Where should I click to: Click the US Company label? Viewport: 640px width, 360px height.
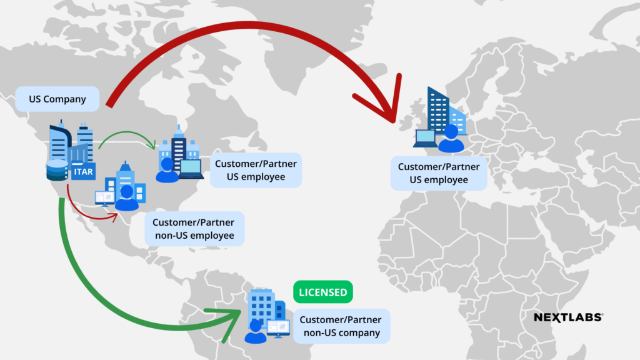[x=57, y=99]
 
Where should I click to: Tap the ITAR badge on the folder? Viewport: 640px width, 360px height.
[x=83, y=171]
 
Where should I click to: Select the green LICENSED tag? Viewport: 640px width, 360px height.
[x=322, y=292]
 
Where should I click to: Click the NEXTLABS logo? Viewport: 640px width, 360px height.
[x=568, y=317]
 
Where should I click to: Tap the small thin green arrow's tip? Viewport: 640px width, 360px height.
[x=154, y=147]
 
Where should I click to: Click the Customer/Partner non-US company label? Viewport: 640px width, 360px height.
[x=341, y=326]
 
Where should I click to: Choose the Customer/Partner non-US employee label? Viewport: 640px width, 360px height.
[x=194, y=229]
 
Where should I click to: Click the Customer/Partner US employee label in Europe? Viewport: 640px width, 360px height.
[x=439, y=173]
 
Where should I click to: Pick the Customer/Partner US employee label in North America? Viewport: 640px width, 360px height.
[x=256, y=170]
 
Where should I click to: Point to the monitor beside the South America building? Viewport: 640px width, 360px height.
[x=278, y=327]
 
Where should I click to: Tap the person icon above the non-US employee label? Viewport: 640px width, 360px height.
[x=127, y=198]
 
